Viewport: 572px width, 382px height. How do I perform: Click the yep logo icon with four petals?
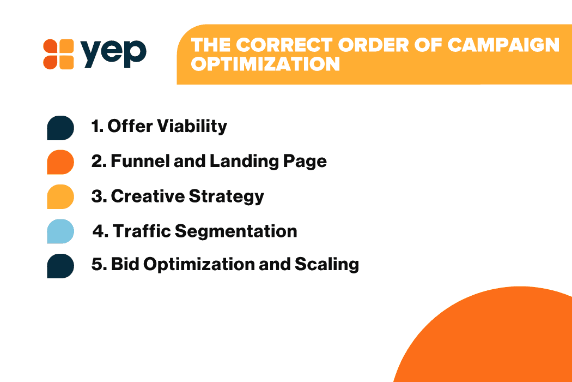[x=58, y=54]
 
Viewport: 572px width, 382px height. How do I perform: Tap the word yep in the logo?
[x=113, y=53]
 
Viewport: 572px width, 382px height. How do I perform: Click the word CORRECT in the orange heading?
[x=284, y=45]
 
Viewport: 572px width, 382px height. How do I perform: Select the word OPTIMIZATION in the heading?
[x=265, y=64]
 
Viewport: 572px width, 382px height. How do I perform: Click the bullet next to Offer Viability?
[x=60, y=128]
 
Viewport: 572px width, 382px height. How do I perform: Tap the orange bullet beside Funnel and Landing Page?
[x=60, y=162]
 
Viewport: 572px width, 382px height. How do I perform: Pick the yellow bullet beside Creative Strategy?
[x=60, y=196]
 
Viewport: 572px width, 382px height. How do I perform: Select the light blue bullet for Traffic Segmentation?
[x=60, y=231]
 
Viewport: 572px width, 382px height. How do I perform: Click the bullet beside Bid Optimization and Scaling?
[x=60, y=266]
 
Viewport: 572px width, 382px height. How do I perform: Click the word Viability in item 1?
[x=192, y=127]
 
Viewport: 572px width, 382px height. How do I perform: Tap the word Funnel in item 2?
[x=140, y=161]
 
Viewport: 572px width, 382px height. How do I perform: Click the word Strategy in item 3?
[x=226, y=197]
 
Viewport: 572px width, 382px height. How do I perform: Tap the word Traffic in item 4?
[x=142, y=231]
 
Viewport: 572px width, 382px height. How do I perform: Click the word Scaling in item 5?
[x=327, y=265]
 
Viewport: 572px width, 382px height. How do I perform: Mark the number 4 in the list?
[x=98, y=231]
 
